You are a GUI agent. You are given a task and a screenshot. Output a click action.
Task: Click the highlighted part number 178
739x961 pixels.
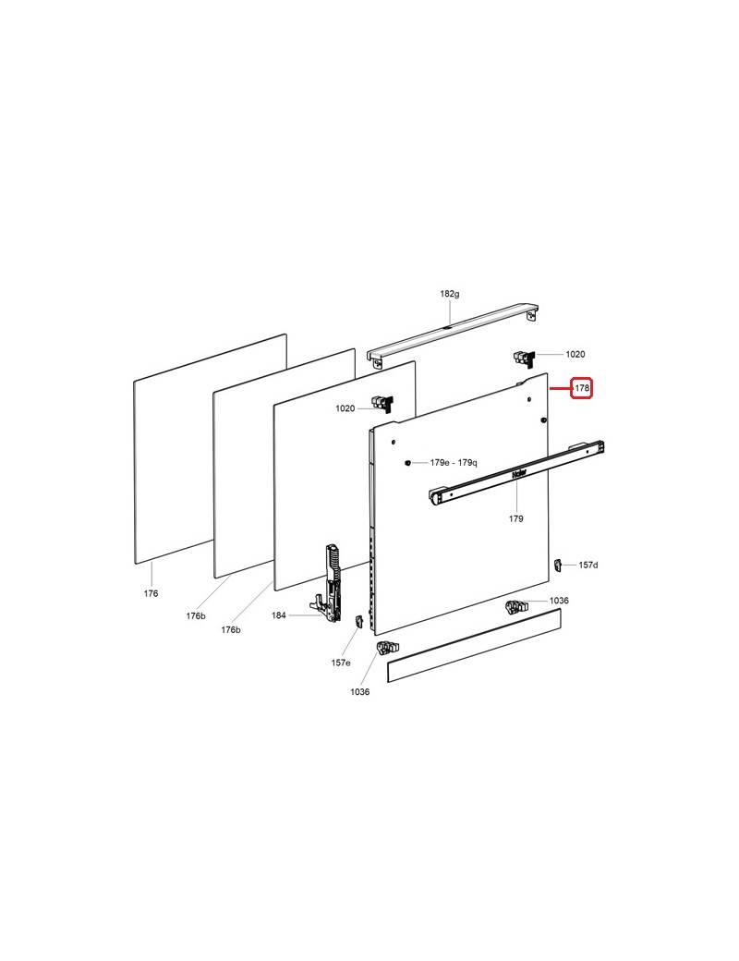point(582,388)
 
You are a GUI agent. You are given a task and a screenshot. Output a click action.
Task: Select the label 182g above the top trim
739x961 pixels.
point(449,294)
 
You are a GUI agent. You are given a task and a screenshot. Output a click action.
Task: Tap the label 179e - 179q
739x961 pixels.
point(454,463)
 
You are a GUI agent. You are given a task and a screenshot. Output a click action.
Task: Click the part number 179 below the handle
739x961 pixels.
point(516,518)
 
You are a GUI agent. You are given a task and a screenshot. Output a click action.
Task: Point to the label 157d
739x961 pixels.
point(588,566)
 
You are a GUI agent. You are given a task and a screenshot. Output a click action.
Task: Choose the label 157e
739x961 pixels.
point(341,663)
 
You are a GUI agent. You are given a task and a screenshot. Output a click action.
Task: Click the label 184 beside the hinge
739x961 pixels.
point(279,615)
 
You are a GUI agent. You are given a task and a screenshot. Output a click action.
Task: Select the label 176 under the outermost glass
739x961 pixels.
point(151,593)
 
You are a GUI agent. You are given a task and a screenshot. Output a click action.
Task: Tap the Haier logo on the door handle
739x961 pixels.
point(519,474)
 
